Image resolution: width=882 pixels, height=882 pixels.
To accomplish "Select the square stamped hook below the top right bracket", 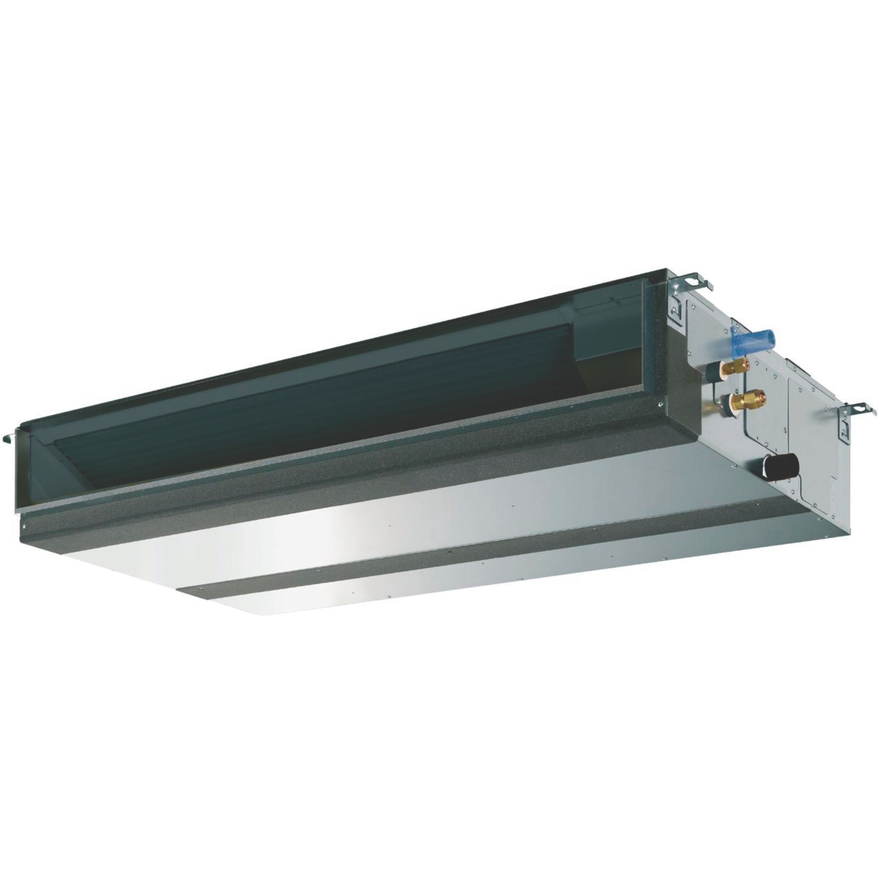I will (x=677, y=309).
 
